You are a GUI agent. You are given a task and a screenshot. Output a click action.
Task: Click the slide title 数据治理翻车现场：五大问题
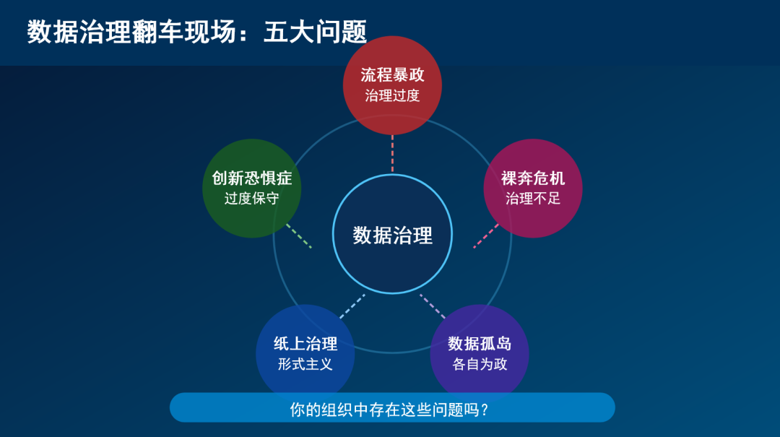197,32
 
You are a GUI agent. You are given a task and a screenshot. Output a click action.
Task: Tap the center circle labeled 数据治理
392,234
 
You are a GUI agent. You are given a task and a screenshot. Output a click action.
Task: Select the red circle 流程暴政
392,85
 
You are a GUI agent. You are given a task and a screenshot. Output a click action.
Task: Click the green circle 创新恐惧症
252,188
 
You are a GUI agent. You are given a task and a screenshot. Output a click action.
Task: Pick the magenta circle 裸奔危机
533,188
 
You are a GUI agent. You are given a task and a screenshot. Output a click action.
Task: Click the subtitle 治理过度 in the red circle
392,95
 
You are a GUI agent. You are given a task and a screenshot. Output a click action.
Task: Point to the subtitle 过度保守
252,199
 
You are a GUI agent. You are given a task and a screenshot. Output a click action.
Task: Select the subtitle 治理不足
533,199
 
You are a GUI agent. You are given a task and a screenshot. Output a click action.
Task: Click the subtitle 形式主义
305,364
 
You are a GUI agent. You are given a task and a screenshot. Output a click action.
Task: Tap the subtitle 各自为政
480,364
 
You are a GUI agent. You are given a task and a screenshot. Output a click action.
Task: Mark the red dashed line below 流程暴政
392,154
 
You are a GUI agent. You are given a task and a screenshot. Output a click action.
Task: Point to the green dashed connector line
299,236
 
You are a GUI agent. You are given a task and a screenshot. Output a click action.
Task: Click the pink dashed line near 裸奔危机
486,236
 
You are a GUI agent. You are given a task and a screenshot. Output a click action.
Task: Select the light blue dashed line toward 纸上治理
352,306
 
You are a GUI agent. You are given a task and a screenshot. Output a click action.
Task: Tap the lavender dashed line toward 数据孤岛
433,306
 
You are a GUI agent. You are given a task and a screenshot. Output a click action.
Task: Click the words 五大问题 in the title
316,32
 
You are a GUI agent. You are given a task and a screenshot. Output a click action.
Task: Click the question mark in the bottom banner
485,410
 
